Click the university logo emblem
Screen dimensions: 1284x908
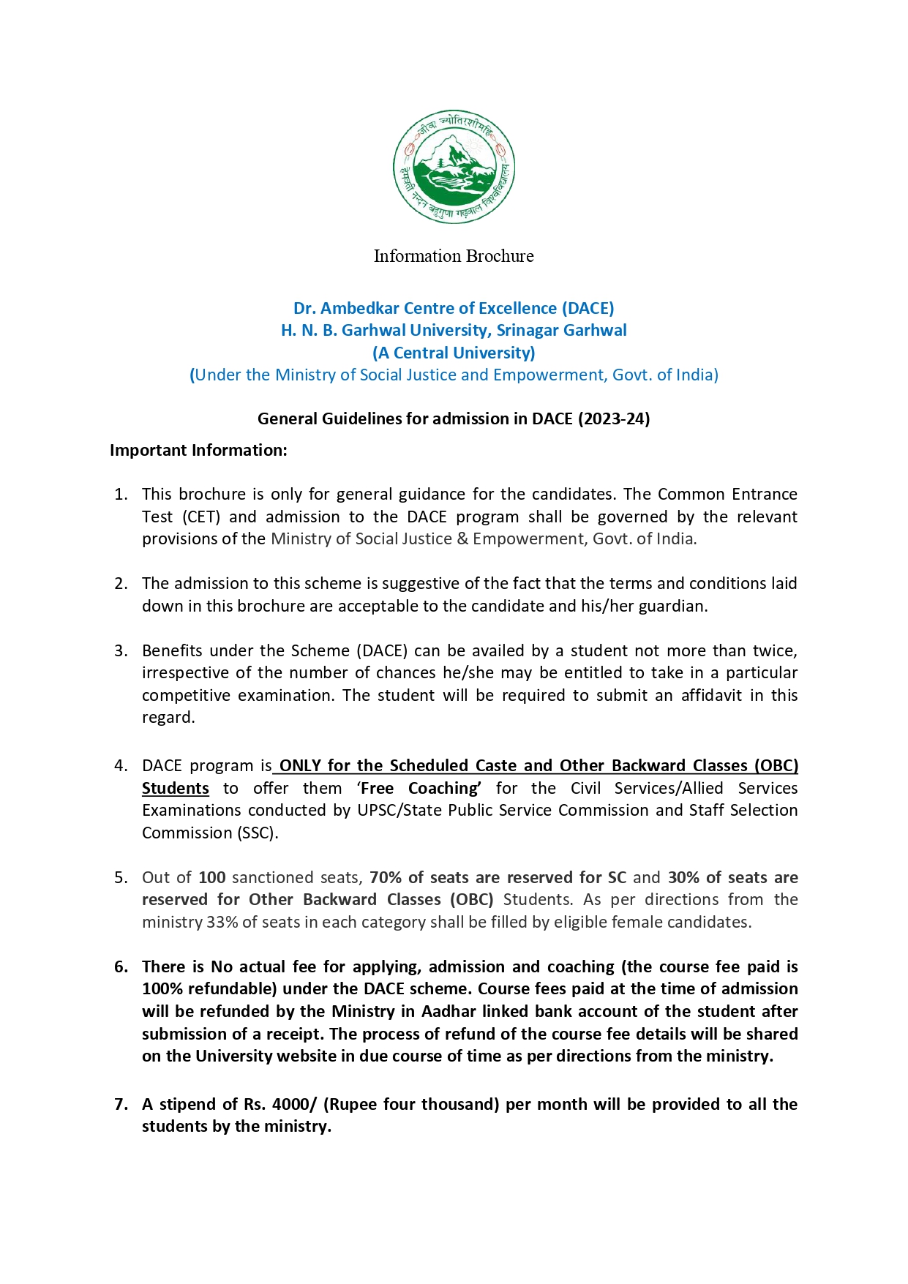pyautogui.click(x=454, y=167)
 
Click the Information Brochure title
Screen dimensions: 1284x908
pyautogui.click(x=454, y=256)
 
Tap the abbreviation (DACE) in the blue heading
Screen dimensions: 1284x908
pyautogui.click(x=588, y=308)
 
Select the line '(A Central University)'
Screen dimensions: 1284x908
pyautogui.click(x=454, y=353)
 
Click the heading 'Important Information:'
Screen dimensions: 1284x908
pyautogui.click(x=198, y=450)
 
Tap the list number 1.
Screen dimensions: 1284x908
pyautogui.click(x=121, y=495)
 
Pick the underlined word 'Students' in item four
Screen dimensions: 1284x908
pyautogui.click(x=176, y=788)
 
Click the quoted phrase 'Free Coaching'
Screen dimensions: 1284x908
pyautogui.click(x=420, y=788)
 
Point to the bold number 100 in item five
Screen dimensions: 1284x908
pyautogui.click(x=212, y=877)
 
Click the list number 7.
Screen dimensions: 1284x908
pyautogui.click(x=121, y=1104)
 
